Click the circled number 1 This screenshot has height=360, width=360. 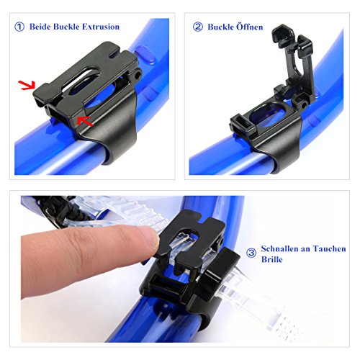point(19,27)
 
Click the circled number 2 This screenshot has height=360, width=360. point(198,27)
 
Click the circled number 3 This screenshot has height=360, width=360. point(251,253)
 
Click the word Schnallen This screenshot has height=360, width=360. point(279,248)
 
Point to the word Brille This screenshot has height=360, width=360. point(271,259)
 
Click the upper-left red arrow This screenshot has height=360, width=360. point(27,85)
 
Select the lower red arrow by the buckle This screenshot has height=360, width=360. point(85,121)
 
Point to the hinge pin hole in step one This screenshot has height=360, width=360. point(138,76)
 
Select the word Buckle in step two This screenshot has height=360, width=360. point(220,27)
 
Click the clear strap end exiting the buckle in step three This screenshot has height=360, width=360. point(252,300)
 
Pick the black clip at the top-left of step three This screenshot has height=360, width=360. point(55,209)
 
